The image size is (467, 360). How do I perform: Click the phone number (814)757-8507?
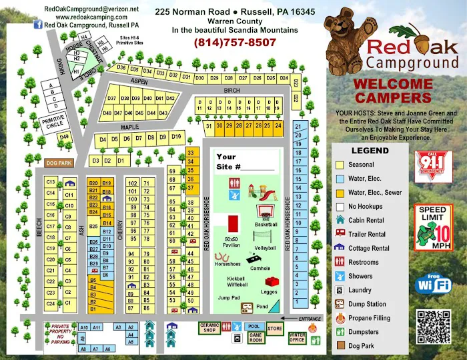click(234, 42)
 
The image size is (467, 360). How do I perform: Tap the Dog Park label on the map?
click(58, 163)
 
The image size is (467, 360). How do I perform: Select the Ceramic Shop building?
click(209, 327)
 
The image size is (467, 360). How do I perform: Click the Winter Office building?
click(297, 337)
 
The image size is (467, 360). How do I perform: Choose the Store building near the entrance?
click(275, 328)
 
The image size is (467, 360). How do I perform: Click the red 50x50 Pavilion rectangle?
click(233, 223)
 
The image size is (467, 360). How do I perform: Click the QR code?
click(433, 327)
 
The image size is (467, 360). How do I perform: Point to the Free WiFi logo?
click(434, 283)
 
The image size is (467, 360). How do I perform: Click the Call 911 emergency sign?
click(434, 165)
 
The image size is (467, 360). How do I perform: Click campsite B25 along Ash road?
click(93, 226)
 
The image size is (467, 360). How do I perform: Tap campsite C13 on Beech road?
click(50, 182)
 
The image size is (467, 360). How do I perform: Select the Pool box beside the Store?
click(253, 326)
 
